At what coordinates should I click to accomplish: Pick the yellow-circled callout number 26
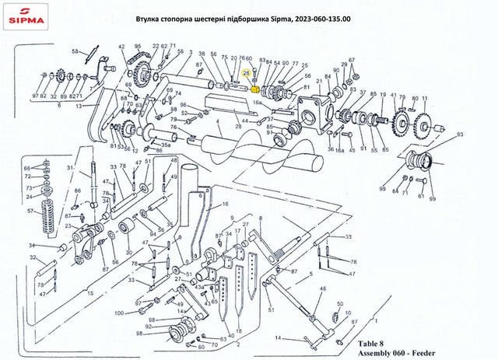pos(247,72)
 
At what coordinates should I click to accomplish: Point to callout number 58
pos(75,51)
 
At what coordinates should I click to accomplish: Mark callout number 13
pos(78,106)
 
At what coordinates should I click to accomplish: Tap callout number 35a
pos(166,145)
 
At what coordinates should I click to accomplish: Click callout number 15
pos(91,293)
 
